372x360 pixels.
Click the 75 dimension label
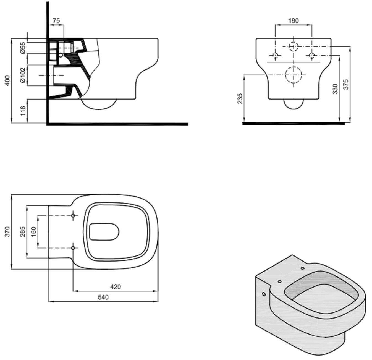56,21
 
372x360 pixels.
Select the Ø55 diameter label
23,48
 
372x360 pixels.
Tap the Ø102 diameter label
23,75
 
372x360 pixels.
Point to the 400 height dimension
7,80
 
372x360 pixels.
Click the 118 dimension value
23,111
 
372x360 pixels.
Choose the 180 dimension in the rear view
293,21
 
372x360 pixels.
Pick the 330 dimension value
335,89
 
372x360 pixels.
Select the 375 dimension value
346,84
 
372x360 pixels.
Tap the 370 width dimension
7,232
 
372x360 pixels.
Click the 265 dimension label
23,232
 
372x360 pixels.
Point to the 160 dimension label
34,232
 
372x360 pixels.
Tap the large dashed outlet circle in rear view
294,75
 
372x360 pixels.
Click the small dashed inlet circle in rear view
294,46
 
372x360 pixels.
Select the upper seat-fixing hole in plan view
73,216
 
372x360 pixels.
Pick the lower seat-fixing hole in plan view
73,248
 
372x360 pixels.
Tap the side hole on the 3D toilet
264,294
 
